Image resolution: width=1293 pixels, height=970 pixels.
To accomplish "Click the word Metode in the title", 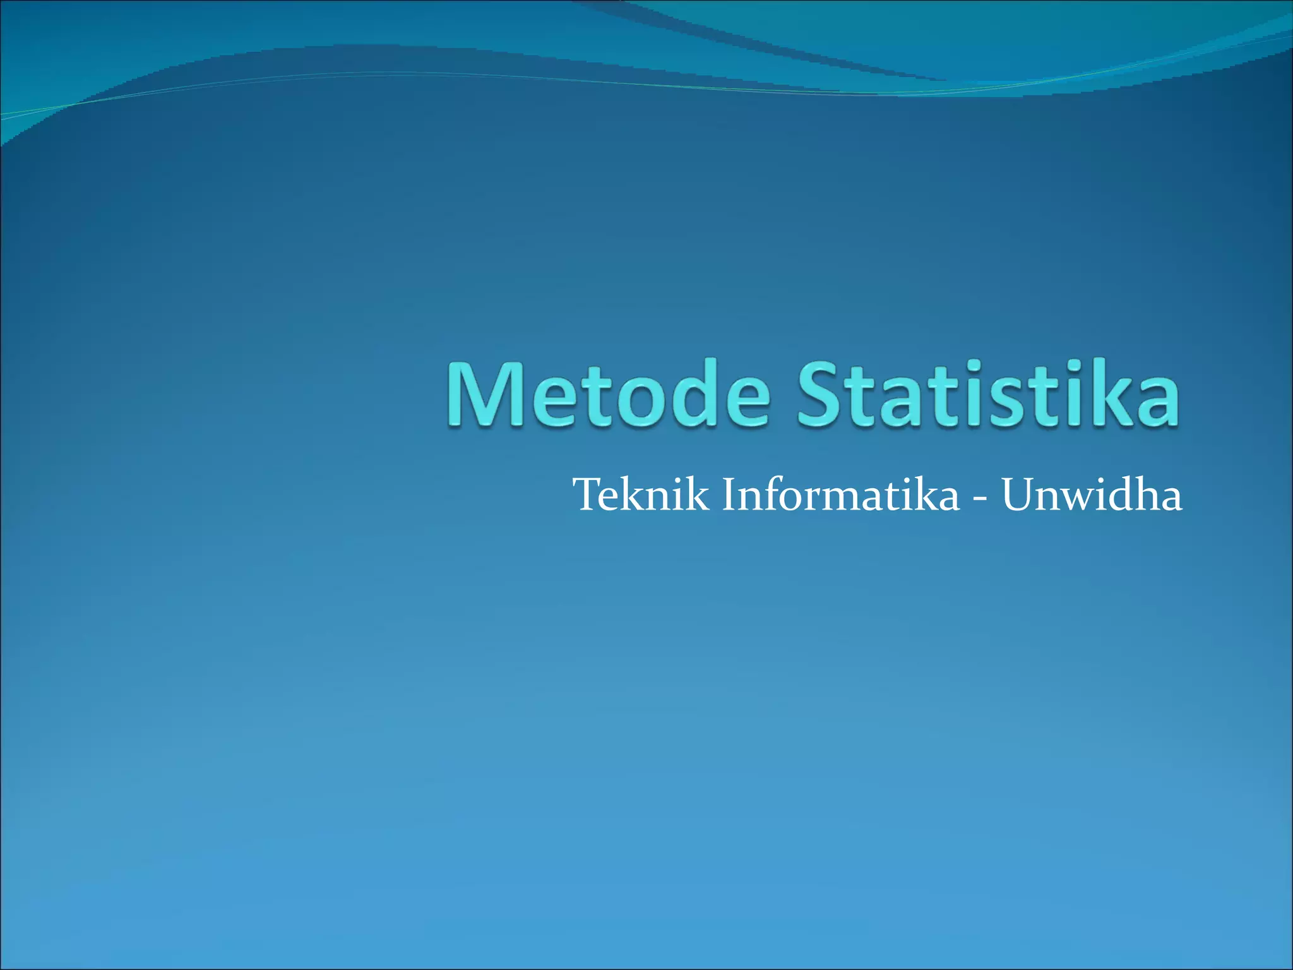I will click(609, 395).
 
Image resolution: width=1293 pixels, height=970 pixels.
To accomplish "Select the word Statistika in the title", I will click(988, 395).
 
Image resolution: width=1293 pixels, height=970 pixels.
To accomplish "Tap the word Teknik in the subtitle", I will click(641, 495).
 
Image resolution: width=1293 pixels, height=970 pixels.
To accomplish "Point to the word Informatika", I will click(840, 495).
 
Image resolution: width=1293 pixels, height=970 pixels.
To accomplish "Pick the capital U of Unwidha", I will click(1018, 495).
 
